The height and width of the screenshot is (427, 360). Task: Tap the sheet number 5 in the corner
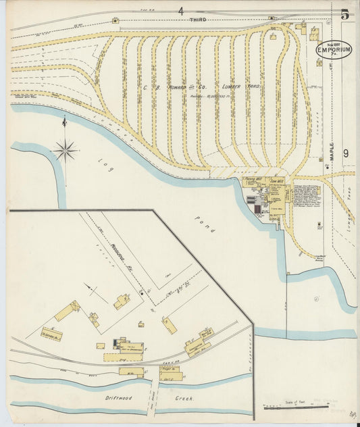point(344,14)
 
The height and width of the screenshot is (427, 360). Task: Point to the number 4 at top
point(180,10)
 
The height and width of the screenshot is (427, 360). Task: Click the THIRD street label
point(197,20)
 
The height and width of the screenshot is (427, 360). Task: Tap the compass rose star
point(65,149)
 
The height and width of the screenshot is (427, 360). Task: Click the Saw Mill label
point(276,181)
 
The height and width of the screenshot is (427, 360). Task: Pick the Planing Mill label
point(253,181)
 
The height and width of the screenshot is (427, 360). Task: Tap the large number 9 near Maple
point(345,153)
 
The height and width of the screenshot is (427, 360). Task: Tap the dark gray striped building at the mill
point(252,200)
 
